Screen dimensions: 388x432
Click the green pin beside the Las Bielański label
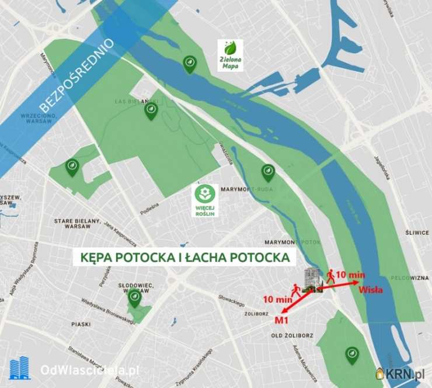(x=151, y=110)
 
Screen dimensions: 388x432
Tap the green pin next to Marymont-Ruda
(x=267, y=172)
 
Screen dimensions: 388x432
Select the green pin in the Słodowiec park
(x=135, y=299)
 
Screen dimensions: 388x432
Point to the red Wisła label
(x=371, y=288)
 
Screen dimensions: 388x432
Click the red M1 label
(x=283, y=320)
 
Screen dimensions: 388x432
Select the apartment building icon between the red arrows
(x=313, y=280)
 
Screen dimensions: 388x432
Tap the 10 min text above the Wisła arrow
(x=351, y=274)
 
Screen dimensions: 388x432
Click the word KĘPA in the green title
(x=93, y=258)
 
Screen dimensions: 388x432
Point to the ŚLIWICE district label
(x=417, y=232)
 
